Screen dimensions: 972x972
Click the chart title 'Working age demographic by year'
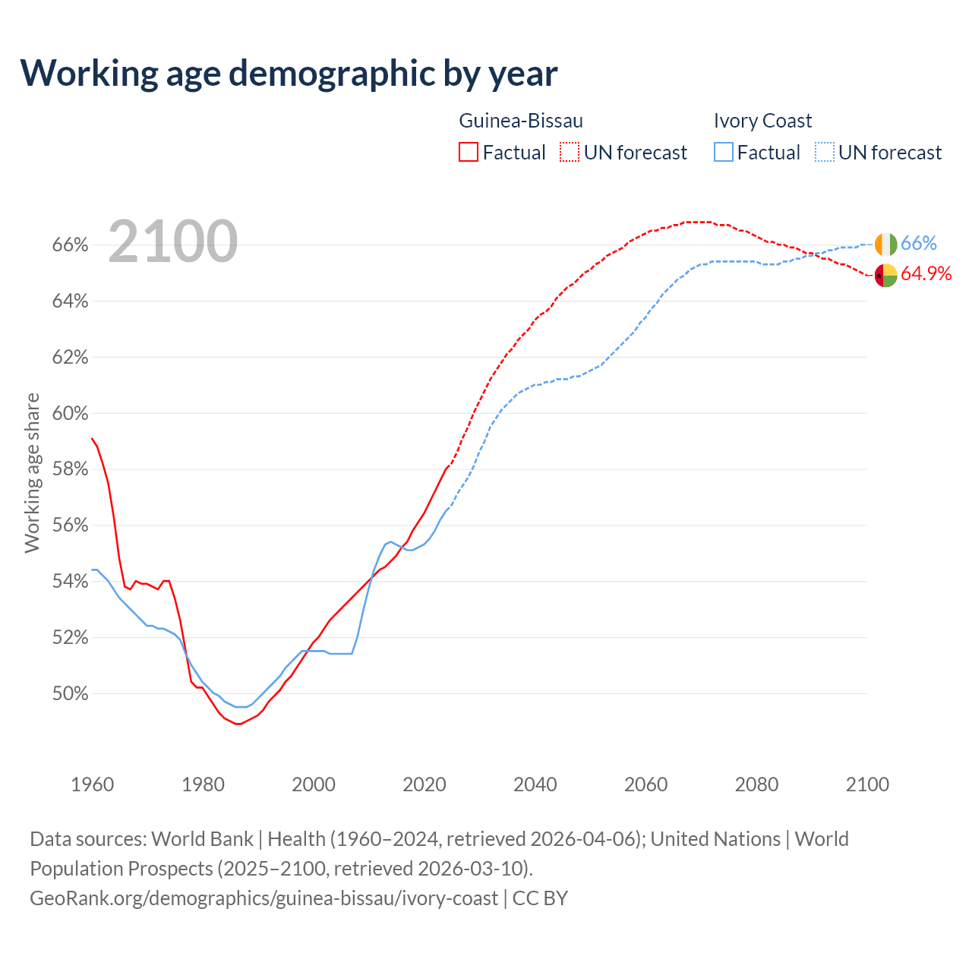point(289,74)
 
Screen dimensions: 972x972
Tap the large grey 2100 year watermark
point(173,241)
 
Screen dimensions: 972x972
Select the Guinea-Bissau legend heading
point(521,121)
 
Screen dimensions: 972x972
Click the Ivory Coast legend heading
point(762,121)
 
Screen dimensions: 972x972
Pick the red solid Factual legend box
point(469,153)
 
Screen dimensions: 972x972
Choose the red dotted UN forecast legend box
point(570,153)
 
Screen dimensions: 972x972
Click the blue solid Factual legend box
point(724,153)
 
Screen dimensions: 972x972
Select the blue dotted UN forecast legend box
point(824,153)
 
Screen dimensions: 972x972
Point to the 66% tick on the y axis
point(70,245)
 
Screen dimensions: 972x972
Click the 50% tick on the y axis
point(70,693)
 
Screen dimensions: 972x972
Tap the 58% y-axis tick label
point(70,469)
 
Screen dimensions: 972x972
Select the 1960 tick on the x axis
point(93,784)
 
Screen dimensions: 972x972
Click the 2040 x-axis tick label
point(535,784)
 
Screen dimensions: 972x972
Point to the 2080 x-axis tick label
point(756,784)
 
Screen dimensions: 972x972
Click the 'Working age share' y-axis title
point(32,472)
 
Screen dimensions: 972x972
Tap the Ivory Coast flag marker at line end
point(885,245)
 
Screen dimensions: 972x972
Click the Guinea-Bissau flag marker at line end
point(885,275)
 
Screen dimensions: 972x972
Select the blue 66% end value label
point(919,244)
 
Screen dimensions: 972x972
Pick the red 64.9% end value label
point(926,274)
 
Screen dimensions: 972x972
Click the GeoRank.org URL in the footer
point(264,898)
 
